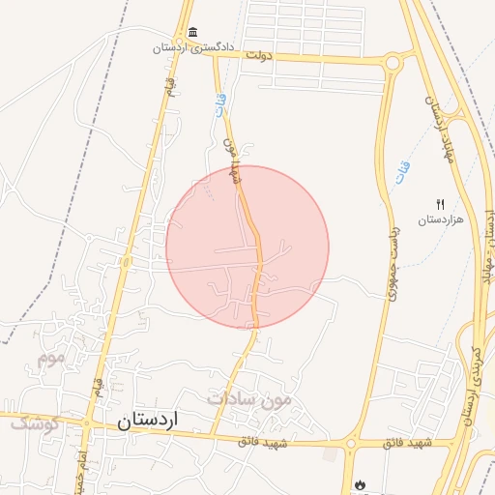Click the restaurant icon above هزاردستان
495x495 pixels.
(x=441, y=204)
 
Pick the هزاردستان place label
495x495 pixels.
(x=441, y=219)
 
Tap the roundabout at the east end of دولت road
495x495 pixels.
(x=393, y=64)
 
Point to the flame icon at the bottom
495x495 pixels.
(x=361, y=482)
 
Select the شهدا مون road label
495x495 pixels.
(x=230, y=160)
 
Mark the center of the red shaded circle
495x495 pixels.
(x=247, y=247)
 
